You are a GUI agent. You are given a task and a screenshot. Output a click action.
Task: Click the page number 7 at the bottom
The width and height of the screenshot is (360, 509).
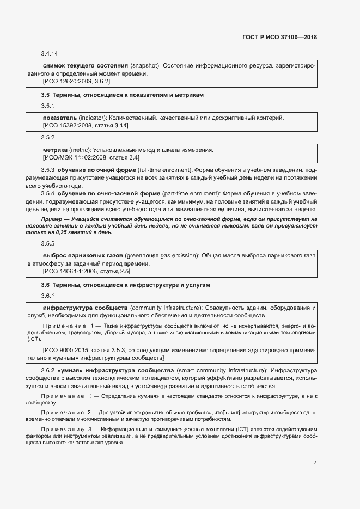point(315,463)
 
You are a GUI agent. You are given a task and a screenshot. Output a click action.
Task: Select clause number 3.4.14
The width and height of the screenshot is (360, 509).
point(50,53)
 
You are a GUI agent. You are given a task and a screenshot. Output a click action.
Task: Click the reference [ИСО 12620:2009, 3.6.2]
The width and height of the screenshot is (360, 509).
point(76,81)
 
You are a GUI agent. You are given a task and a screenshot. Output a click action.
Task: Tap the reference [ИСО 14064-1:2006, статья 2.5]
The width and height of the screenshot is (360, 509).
point(87,271)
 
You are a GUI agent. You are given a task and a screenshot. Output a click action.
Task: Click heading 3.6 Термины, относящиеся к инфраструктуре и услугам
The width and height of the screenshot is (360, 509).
point(125,285)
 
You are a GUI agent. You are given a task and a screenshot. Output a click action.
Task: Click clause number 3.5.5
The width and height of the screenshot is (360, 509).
point(48,244)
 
